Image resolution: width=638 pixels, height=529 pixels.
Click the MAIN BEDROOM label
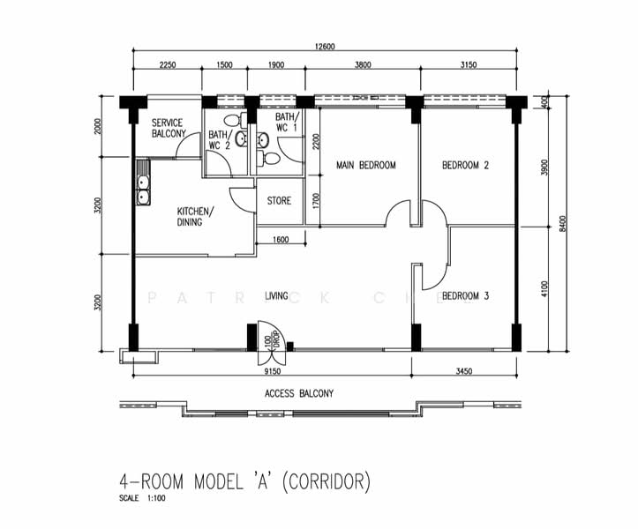(x=365, y=165)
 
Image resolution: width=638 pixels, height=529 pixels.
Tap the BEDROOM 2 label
(x=465, y=165)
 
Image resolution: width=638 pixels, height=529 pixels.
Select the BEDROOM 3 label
(x=465, y=296)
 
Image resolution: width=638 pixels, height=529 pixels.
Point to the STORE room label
(x=279, y=201)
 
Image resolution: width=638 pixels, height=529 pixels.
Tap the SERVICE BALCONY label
(x=169, y=128)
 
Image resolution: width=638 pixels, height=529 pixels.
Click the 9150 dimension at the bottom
(x=270, y=371)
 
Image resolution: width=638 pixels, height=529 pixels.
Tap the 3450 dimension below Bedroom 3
(x=464, y=371)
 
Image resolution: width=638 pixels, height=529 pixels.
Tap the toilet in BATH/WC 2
(x=231, y=121)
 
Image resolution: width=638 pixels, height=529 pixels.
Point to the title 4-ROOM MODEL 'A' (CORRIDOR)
(x=245, y=482)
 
